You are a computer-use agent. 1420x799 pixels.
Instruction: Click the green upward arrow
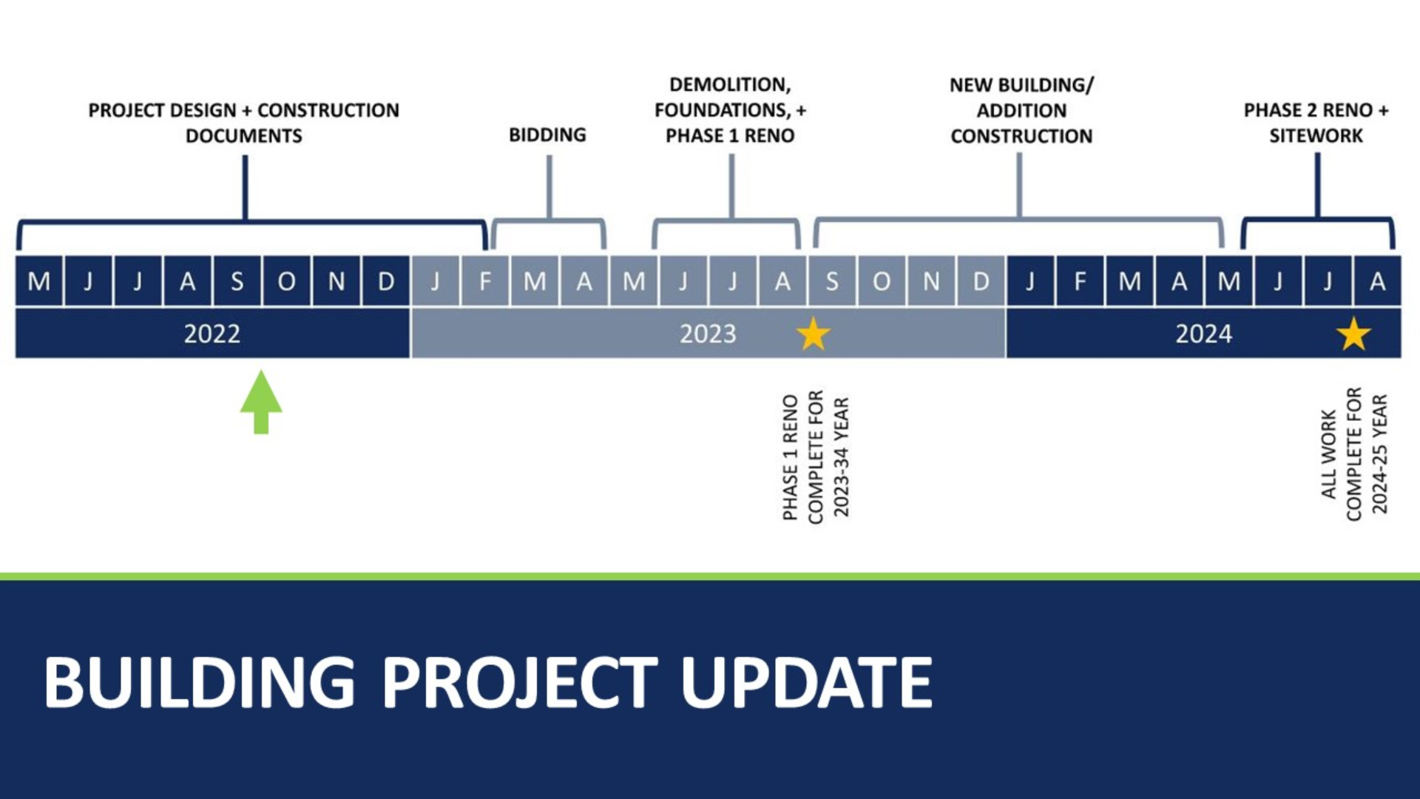click(x=261, y=402)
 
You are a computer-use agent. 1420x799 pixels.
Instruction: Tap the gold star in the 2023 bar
click(x=814, y=334)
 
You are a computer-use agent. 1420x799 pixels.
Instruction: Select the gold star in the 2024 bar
click(x=1353, y=334)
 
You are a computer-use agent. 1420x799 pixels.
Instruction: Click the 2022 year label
click(x=212, y=334)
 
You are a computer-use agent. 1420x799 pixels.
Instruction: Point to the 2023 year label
click(x=708, y=334)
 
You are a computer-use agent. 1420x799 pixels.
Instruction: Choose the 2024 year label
click(x=1204, y=334)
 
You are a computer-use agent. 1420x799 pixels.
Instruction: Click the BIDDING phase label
click(x=547, y=135)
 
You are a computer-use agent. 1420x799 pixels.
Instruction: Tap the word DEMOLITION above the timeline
click(x=730, y=85)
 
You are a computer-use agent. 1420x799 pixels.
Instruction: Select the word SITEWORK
click(x=1316, y=135)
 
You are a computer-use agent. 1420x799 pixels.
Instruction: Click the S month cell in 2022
click(x=237, y=281)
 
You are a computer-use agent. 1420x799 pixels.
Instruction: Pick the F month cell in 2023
click(x=485, y=281)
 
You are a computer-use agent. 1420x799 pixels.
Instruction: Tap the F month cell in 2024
click(x=1080, y=281)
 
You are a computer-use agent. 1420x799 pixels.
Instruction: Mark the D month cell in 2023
click(x=981, y=281)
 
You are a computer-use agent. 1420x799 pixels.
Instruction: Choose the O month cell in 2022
click(x=287, y=281)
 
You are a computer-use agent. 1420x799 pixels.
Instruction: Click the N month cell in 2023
click(x=931, y=281)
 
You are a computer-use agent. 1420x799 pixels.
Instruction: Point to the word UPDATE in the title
click(x=806, y=682)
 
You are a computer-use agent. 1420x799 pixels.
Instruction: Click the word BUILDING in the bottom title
click(x=200, y=682)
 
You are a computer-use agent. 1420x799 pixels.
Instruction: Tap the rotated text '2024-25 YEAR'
click(x=1380, y=454)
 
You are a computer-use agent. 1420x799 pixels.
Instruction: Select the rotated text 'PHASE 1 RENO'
click(x=791, y=457)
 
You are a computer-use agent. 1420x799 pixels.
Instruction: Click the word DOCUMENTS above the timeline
click(x=244, y=136)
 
